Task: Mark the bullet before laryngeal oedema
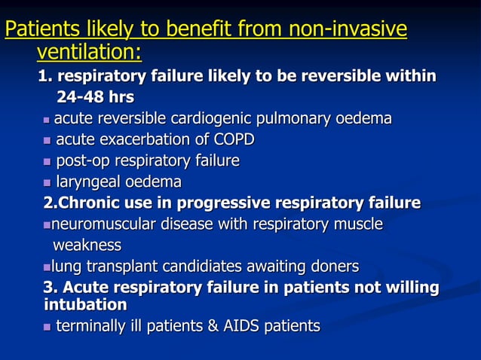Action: (x=47, y=183)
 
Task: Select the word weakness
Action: (x=87, y=246)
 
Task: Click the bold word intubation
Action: (x=85, y=305)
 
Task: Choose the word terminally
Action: (x=92, y=326)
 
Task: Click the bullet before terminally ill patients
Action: (x=47, y=327)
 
